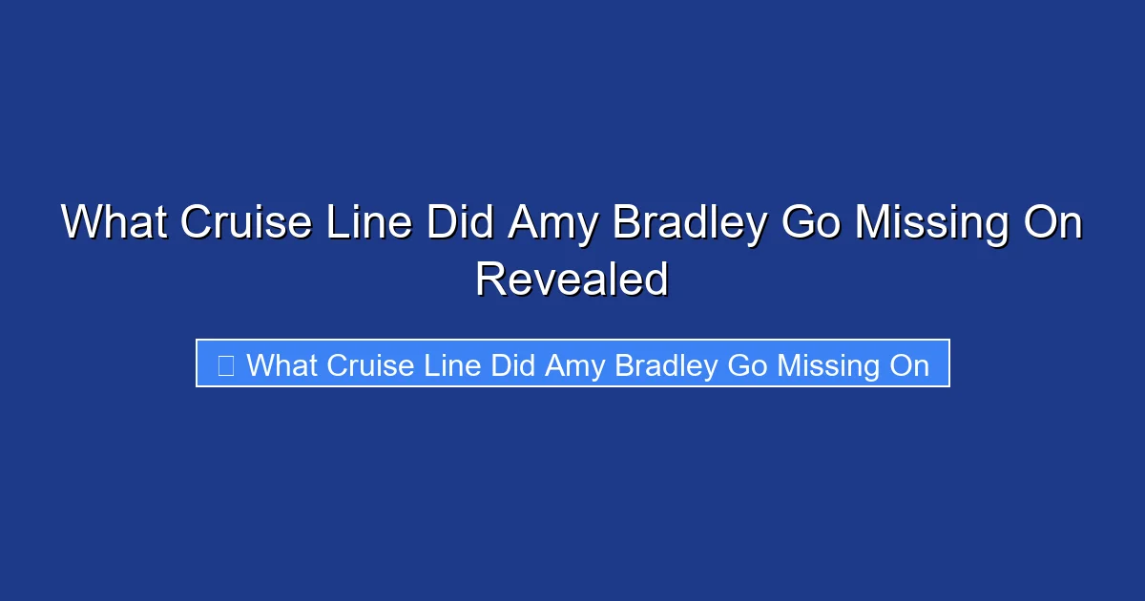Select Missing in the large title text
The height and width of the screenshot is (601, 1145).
point(931,223)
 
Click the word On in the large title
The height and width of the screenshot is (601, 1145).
point(1051,223)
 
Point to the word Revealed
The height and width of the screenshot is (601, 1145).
point(572,280)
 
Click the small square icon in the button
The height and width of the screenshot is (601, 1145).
point(226,364)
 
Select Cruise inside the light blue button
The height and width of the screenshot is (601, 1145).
point(370,364)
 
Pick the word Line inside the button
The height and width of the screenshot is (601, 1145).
point(452,364)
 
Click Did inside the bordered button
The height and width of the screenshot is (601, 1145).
point(513,364)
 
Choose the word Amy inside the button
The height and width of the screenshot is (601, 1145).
point(575,364)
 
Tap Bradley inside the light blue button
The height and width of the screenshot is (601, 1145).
point(665,364)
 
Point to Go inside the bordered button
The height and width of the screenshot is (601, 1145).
point(747,364)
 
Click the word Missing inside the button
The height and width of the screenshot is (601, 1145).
point(828,364)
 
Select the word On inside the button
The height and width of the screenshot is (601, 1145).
point(908,364)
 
